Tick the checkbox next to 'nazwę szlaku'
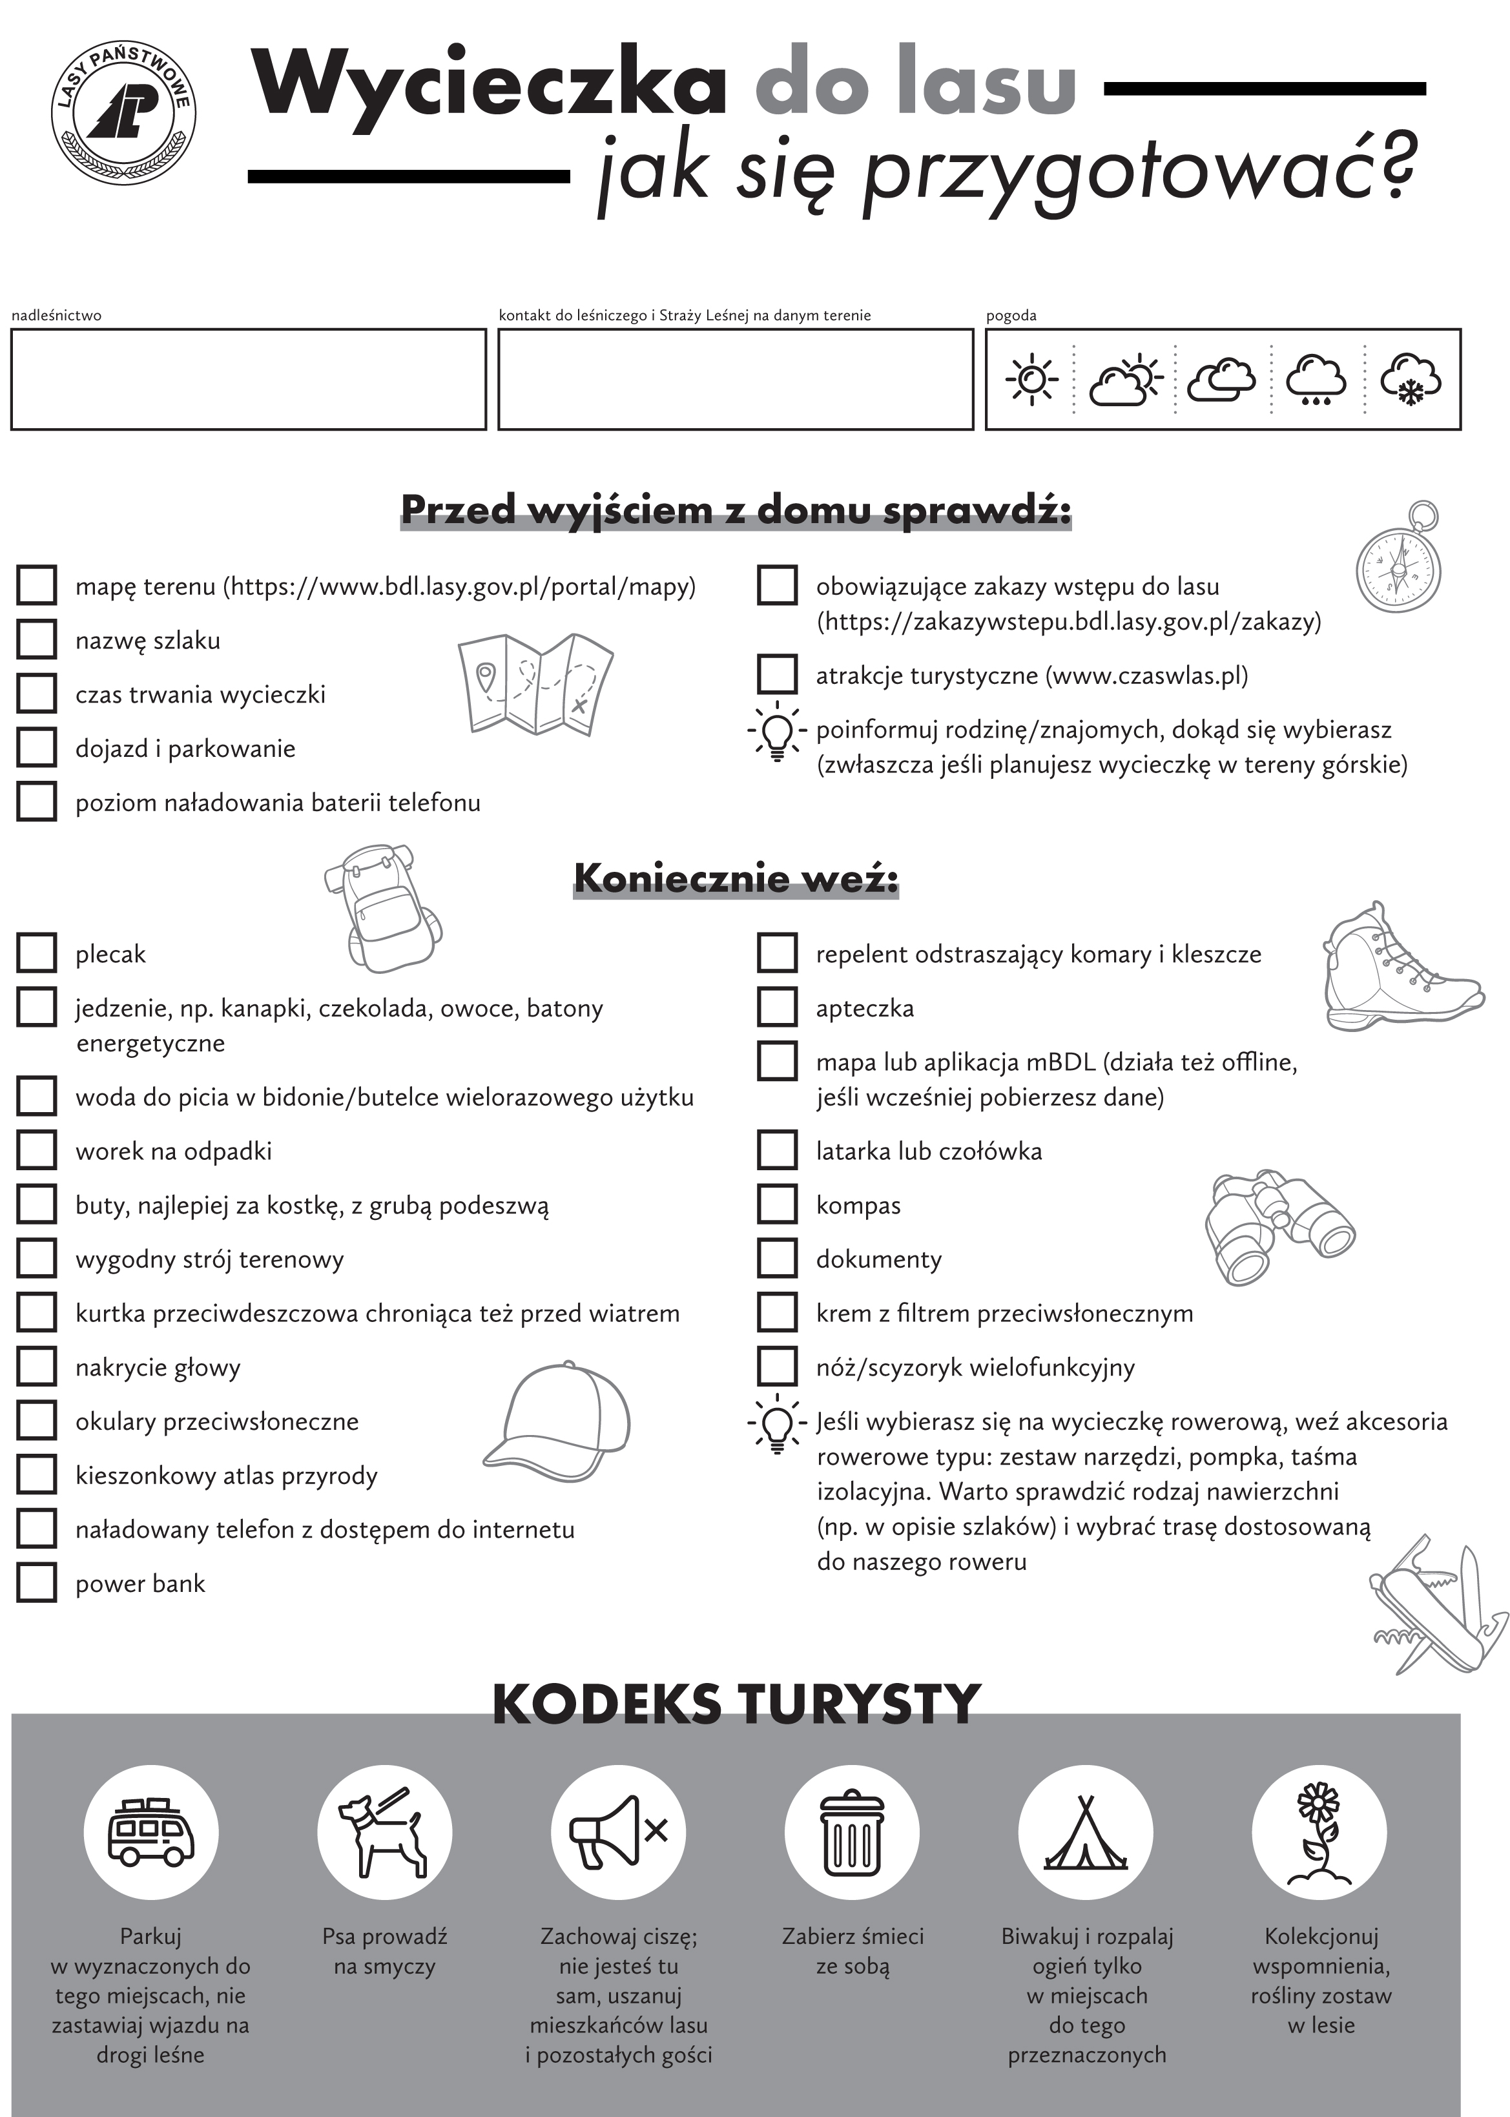click(36, 639)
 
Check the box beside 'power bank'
click(36, 1582)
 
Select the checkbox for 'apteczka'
click(778, 1007)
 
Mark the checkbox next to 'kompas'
click(778, 1204)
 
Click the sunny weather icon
click(1031, 379)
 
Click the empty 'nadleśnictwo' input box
click(248, 379)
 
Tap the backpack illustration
click(382, 909)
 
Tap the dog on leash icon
click(384, 1832)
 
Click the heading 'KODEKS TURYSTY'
click(736, 1703)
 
